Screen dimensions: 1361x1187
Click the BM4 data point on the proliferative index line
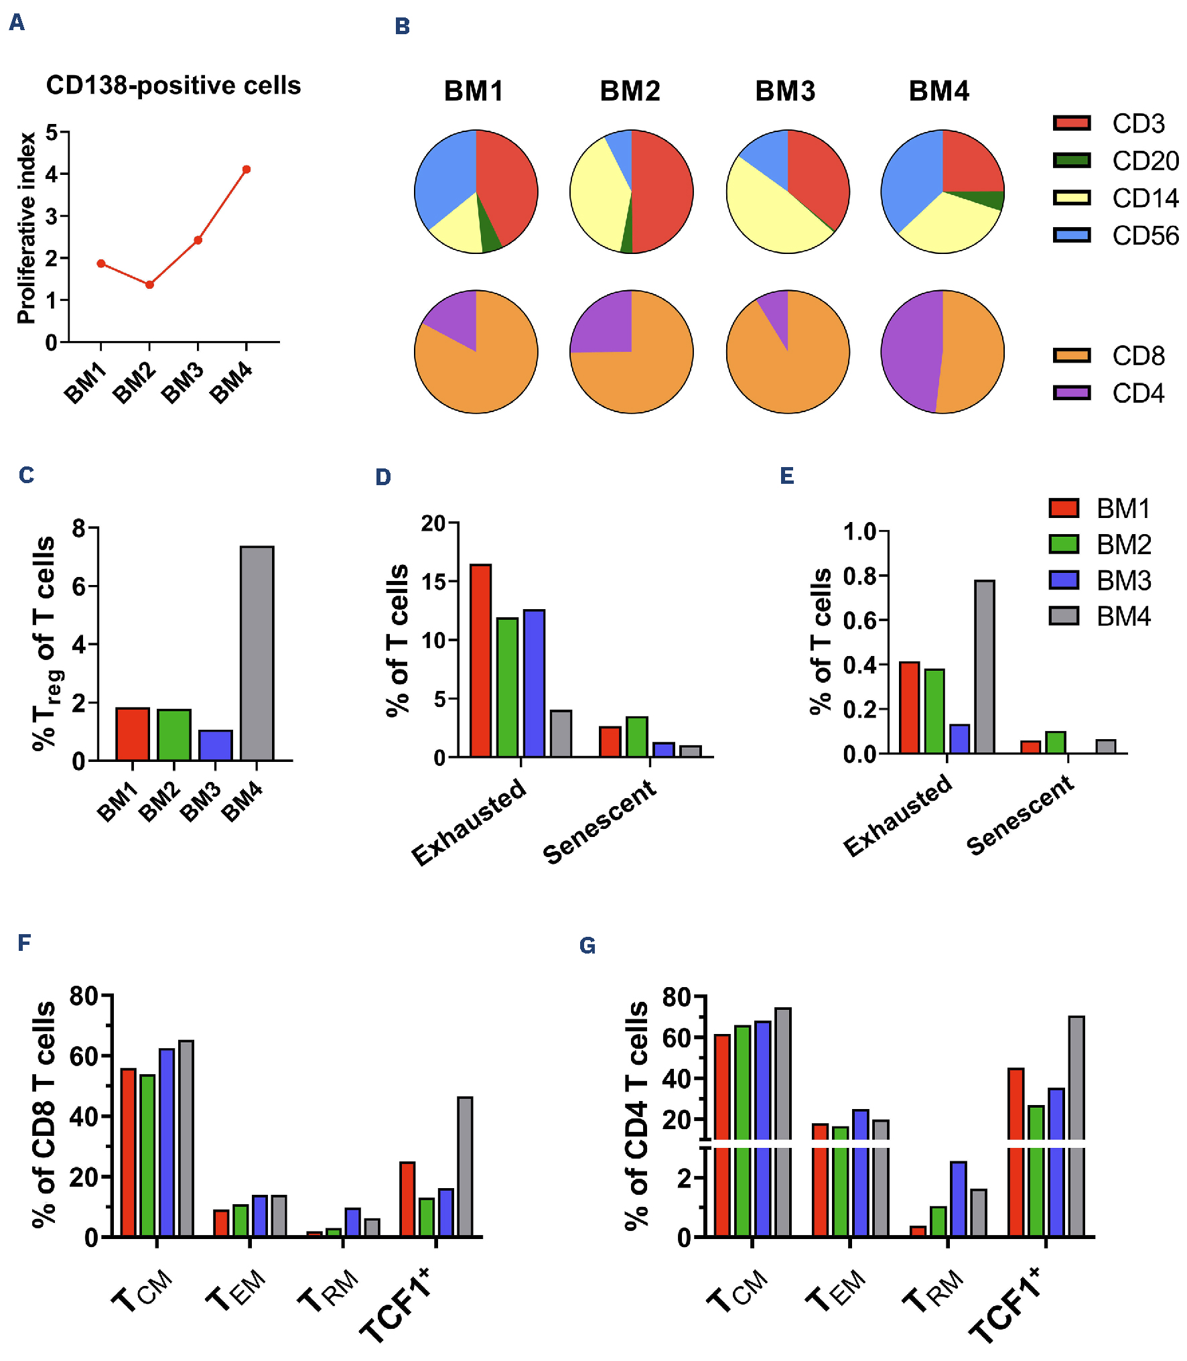[247, 170]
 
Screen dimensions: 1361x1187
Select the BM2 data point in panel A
[149, 285]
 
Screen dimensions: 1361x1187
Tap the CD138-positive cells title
[173, 86]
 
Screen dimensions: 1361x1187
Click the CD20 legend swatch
[1071, 161]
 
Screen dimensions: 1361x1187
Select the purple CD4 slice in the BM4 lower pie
[911, 352]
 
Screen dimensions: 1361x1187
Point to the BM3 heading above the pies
[785, 91]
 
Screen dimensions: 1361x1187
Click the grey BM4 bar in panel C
[257, 653]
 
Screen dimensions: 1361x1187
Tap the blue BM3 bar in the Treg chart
[216, 745]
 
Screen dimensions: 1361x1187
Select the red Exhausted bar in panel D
[480, 661]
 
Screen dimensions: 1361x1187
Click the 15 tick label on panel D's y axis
[434, 582]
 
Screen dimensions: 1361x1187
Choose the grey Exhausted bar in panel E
[985, 667]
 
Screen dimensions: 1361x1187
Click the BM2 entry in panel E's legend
[1123, 545]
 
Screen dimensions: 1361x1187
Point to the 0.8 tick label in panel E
[860, 576]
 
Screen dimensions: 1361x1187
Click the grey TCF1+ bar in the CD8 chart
[465, 1167]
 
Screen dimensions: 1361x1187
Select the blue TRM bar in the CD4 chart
[958, 1200]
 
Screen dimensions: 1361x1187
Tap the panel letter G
[587, 946]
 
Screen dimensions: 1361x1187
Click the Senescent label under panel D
[599, 822]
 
